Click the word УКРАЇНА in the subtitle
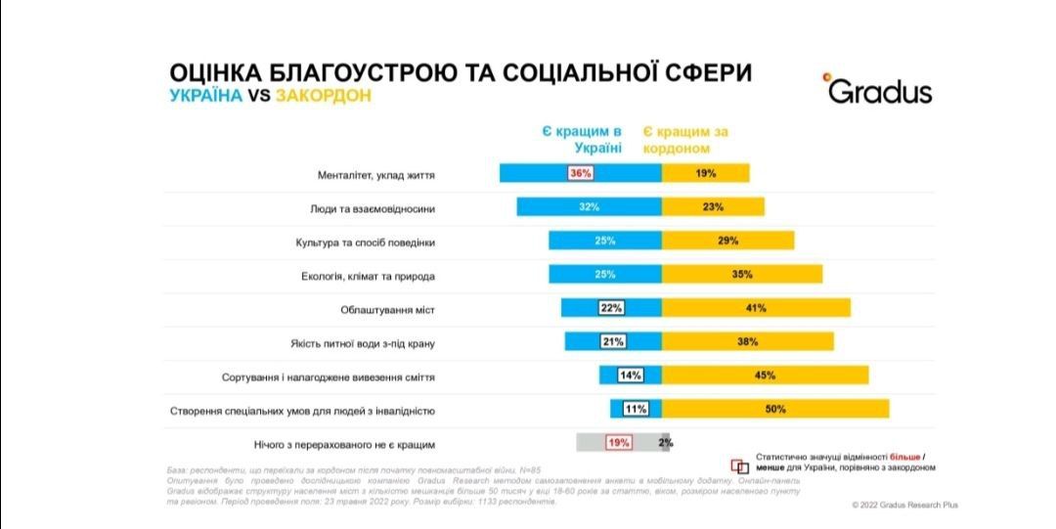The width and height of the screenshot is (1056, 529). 205,97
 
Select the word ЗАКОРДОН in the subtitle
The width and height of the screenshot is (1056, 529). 324,97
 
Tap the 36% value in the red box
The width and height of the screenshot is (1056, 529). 581,173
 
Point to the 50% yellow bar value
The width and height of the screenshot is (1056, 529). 775,410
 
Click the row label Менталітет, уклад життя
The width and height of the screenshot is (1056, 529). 375,175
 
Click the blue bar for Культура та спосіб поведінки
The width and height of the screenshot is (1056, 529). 604,241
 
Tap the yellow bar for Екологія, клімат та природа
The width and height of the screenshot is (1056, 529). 742,275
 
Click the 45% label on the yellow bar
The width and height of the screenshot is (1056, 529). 765,375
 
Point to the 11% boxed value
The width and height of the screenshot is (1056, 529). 636,410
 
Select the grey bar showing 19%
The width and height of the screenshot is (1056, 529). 618,443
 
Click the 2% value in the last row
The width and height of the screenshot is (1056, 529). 666,443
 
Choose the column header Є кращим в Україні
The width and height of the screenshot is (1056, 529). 583,140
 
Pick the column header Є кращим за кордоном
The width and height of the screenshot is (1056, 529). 685,140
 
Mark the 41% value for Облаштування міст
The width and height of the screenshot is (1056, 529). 755,308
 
